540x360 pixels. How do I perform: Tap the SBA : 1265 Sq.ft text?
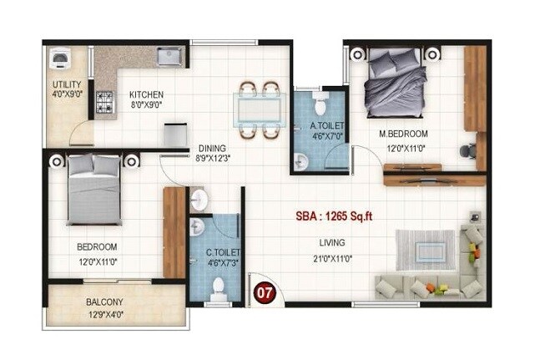[x=334, y=215]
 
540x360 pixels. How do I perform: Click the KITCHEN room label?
[x=146, y=94]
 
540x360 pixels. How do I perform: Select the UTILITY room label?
[x=67, y=84]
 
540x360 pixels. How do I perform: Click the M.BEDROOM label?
[x=403, y=134]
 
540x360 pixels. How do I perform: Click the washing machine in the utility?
[x=61, y=58]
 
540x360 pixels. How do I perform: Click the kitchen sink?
[x=169, y=57]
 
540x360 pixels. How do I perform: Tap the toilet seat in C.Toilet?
[x=219, y=288]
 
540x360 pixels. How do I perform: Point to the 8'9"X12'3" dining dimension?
[x=212, y=158]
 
